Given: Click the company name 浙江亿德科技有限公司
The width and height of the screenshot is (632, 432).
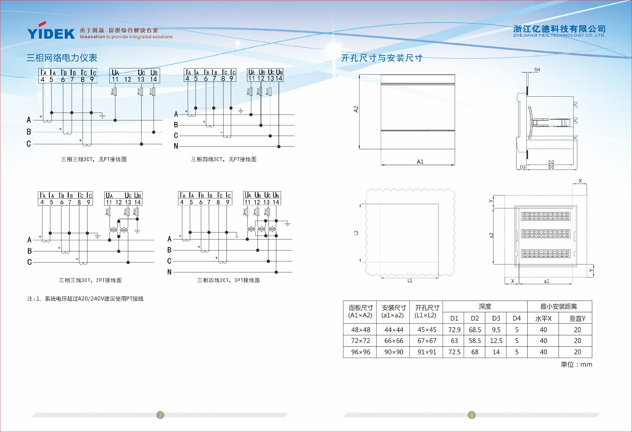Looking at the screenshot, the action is click(559, 29).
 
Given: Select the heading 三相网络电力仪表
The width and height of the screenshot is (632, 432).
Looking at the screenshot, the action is click(62, 58).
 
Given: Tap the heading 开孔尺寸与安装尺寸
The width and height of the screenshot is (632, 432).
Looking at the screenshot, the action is click(382, 58).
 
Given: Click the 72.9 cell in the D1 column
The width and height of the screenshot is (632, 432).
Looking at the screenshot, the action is click(455, 330).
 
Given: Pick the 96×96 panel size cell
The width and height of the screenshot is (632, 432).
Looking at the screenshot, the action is click(361, 352).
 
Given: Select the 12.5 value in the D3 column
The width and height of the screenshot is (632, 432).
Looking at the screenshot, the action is click(496, 341).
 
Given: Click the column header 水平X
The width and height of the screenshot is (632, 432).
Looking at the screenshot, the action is click(543, 318).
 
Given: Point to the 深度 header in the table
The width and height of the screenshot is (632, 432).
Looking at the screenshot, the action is click(485, 307).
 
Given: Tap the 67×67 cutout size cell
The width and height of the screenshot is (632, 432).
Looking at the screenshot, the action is click(427, 341).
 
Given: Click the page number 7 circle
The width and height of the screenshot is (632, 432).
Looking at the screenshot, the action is click(160, 415).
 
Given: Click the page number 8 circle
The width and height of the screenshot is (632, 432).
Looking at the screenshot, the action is click(472, 415).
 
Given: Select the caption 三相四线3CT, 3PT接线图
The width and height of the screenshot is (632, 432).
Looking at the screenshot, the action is click(228, 280).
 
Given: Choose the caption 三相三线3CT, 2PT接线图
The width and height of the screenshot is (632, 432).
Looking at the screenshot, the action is click(90, 280).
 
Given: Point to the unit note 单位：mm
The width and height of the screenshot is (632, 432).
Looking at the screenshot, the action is click(576, 364).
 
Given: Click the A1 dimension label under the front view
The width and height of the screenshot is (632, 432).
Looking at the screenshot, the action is click(420, 161).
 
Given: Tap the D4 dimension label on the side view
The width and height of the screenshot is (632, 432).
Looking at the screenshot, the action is click(537, 70).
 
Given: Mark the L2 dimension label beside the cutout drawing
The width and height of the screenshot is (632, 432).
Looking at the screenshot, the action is click(356, 233).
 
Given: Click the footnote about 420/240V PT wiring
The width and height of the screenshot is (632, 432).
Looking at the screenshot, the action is click(85, 299).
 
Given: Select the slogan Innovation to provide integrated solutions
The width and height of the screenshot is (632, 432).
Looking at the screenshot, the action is click(126, 37).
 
